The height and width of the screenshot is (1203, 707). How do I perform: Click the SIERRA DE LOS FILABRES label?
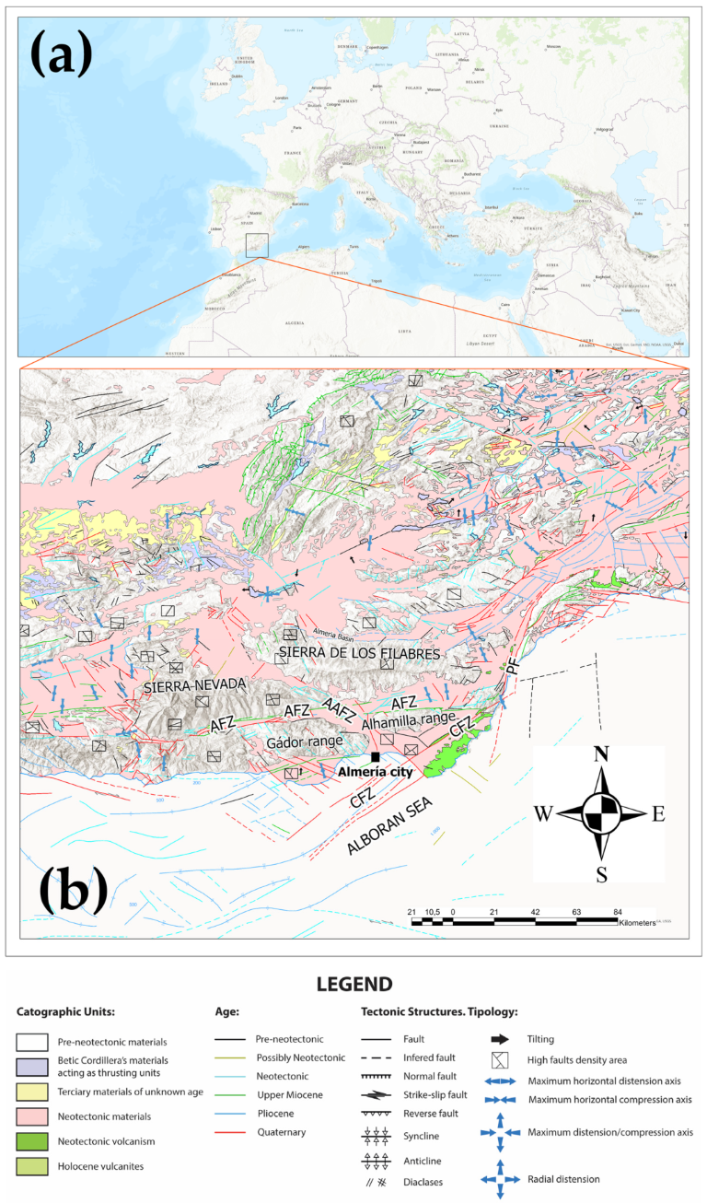[358, 652]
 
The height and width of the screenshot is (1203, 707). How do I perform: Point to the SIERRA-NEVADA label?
[195, 684]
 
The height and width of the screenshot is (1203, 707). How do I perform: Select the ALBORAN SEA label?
[390, 831]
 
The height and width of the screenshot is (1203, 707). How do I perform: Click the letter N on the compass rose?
[602, 754]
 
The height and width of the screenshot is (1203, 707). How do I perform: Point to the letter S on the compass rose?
[602, 874]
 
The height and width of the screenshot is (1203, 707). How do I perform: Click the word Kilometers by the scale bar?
[634, 921]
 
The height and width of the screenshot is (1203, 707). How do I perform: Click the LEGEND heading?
[353, 984]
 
